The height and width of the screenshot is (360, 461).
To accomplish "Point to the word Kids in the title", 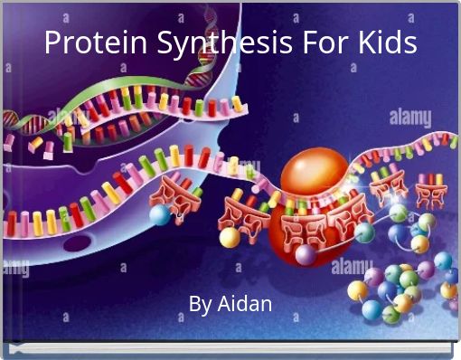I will click(x=386, y=42).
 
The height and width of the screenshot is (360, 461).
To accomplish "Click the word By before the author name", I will click(x=202, y=303).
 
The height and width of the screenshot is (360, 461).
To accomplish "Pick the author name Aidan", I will click(x=245, y=303).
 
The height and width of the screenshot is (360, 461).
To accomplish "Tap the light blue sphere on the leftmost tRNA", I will click(x=160, y=215).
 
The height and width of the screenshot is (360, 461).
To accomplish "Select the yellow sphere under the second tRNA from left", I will click(x=230, y=237).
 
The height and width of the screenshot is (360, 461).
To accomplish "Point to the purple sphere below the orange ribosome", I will click(x=305, y=255).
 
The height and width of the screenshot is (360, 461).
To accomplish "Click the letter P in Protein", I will click(x=53, y=42).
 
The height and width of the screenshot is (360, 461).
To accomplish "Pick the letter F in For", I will click(x=306, y=42).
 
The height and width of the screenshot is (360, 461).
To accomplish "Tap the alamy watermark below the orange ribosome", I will click(x=351, y=267).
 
